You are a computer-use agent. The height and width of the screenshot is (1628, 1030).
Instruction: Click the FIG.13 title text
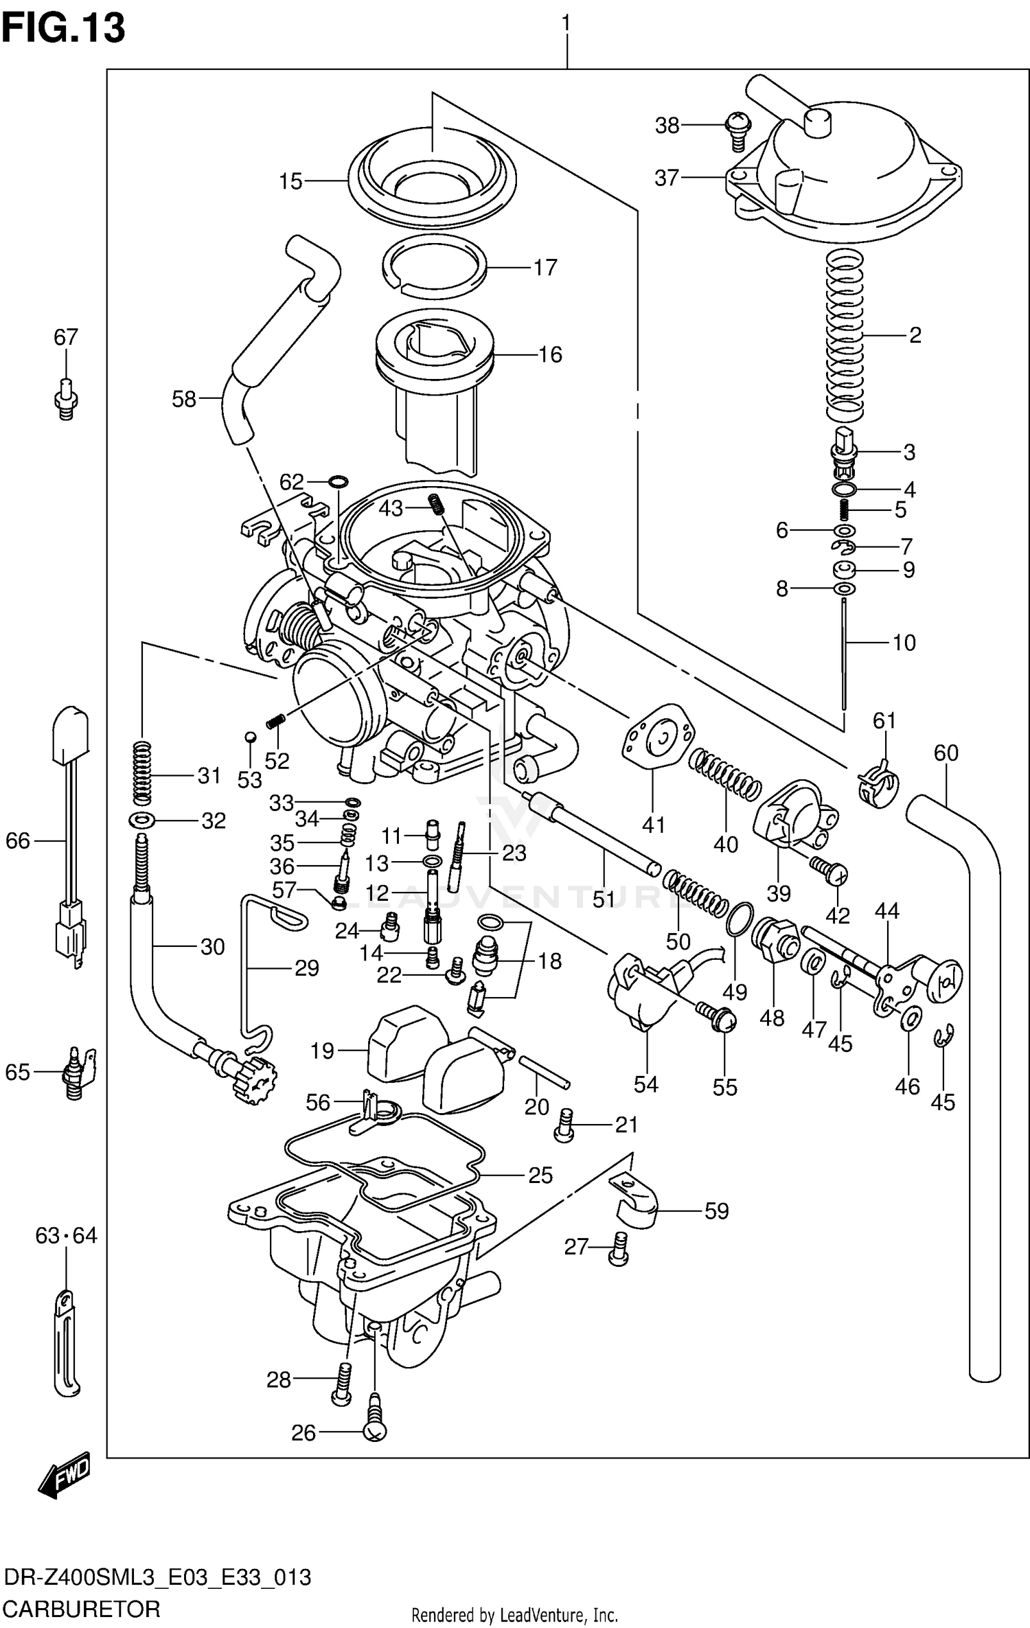[63, 29]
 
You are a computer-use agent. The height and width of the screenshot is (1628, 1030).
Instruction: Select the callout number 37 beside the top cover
[666, 178]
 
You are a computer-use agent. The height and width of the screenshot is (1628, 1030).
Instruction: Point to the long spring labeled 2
[844, 335]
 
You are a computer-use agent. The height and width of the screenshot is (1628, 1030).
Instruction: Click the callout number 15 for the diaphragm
[290, 181]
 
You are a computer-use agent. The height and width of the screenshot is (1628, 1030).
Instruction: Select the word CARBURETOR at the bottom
[81, 1608]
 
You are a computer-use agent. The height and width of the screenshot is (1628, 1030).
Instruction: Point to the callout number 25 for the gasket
[540, 1175]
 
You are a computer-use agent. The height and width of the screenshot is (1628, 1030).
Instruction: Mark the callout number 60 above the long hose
[946, 753]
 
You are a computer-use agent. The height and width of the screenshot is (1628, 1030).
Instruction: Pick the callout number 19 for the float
[322, 1051]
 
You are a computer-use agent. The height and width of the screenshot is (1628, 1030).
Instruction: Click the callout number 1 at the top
[566, 23]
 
